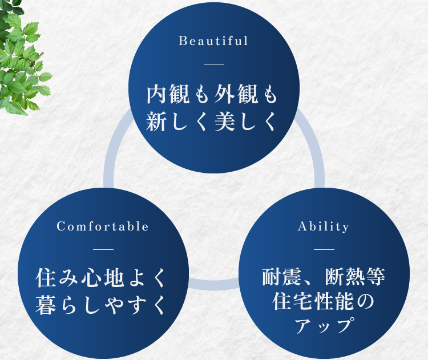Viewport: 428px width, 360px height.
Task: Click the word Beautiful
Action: tap(213, 41)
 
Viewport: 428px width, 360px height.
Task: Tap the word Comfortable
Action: tap(103, 226)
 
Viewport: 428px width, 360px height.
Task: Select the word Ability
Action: tap(324, 227)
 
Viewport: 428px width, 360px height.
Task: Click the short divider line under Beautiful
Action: tap(214, 64)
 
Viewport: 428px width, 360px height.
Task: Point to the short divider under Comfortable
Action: tap(103, 249)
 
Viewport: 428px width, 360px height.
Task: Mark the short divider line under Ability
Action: tap(324, 249)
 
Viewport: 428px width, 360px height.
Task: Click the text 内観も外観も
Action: tap(212, 95)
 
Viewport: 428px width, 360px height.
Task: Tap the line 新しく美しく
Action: tap(211, 122)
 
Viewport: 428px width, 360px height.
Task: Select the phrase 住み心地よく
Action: tap(100, 278)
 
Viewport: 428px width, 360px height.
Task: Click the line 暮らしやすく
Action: tap(100, 305)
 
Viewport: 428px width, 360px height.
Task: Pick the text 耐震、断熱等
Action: tap(324, 277)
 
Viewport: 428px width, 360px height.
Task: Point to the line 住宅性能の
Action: tap(323, 301)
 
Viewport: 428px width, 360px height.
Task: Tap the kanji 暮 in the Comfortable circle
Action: tap(46, 305)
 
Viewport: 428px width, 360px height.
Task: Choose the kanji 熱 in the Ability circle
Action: tap(355, 277)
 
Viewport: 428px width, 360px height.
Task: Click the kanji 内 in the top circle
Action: tap(157, 95)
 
